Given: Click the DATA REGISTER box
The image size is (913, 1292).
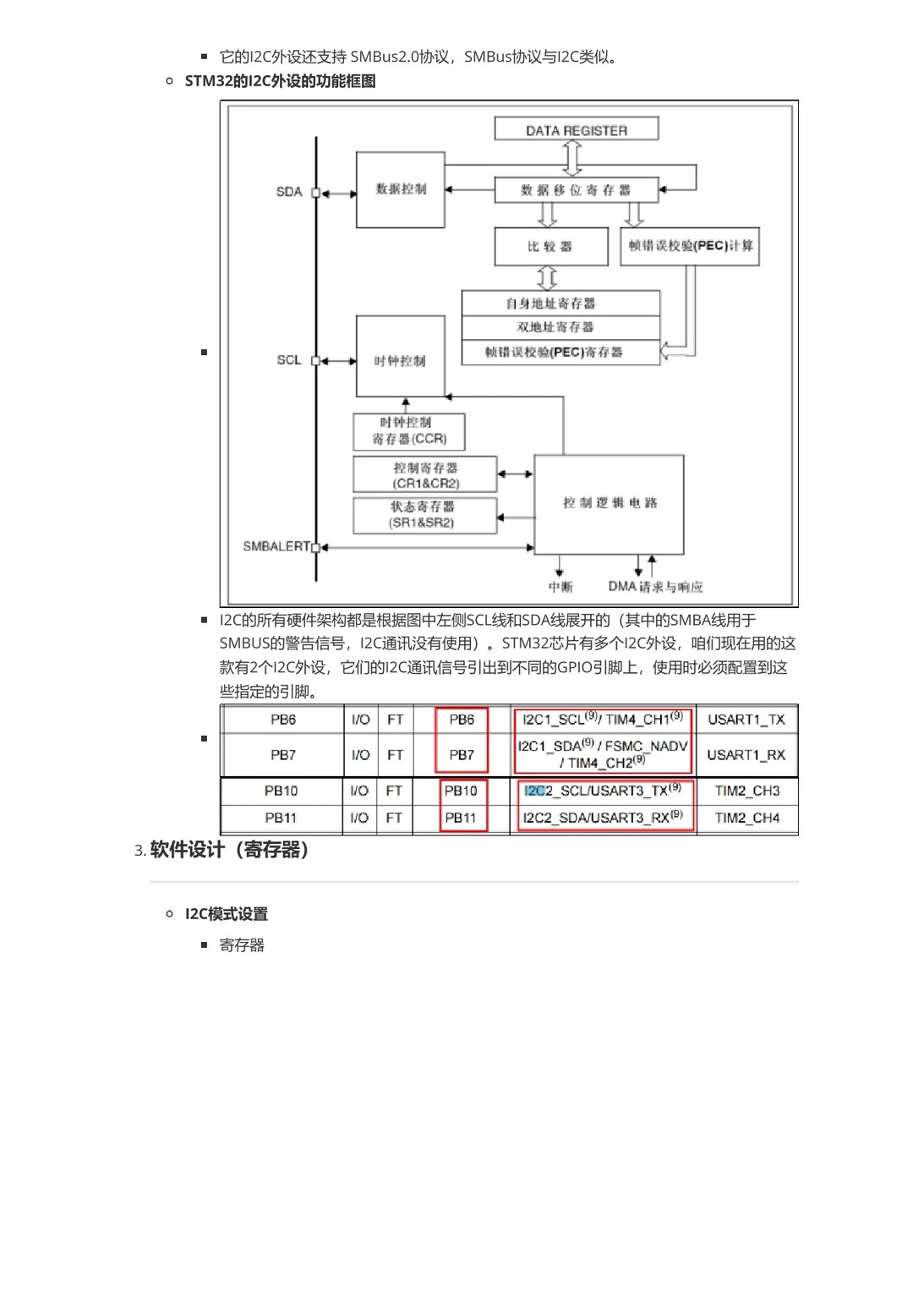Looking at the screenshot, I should click(577, 129).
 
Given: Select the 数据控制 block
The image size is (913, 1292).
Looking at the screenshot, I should click(401, 189).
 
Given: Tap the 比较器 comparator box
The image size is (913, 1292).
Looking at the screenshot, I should click(550, 246).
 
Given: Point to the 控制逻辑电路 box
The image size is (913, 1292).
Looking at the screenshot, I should click(610, 503).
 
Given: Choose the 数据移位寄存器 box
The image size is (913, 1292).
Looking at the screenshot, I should click(576, 189).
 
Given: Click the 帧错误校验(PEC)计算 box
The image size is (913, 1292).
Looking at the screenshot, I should click(690, 246).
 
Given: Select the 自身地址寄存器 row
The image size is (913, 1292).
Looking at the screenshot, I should click(560, 303).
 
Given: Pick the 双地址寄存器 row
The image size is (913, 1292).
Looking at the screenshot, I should click(560, 326).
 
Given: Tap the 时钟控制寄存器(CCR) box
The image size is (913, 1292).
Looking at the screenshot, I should click(409, 430).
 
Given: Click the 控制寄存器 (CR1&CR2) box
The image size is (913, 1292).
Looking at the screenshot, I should click(425, 475).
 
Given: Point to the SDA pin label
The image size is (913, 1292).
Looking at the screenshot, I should click(289, 192).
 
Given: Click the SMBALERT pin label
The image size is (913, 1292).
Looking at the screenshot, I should click(276, 546).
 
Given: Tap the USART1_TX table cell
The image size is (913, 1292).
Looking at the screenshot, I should click(746, 720).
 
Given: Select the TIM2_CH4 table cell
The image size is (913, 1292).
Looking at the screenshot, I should click(747, 818).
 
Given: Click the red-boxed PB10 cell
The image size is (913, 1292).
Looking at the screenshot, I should click(461, 791).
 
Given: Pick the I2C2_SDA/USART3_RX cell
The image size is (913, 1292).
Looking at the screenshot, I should click(603, 818).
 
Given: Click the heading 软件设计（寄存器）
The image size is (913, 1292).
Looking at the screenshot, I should click(229, 850).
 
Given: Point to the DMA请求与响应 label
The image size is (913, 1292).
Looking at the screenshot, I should click(655, 587).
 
